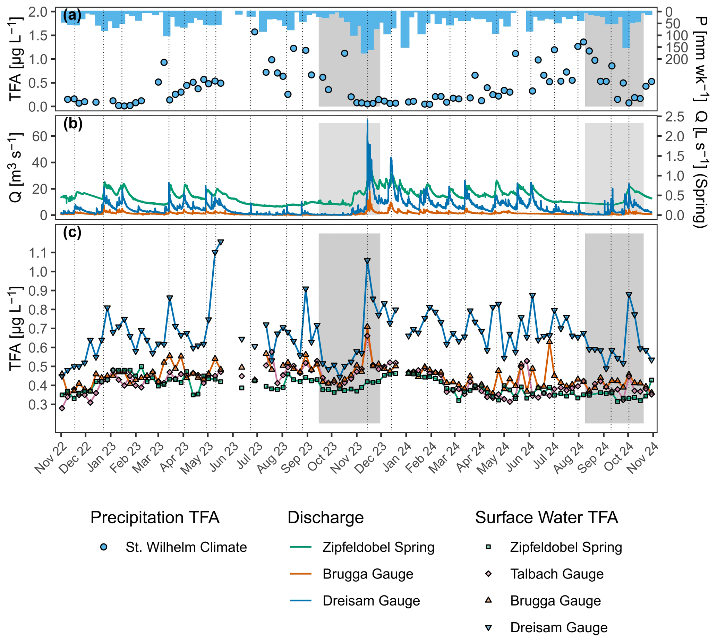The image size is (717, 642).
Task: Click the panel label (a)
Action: pos(72,16)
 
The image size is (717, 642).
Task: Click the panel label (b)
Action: pos(72,124)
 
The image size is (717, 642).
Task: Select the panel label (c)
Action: pos(72,233)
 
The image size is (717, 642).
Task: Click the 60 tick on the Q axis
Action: pos(40,136)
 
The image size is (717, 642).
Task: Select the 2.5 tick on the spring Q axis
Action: pos(674,117)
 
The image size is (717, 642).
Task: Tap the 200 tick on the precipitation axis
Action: pos(676,60)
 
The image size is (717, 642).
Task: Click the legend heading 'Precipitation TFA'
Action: pos(155,518)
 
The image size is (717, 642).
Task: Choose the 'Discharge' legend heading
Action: pos(325,518)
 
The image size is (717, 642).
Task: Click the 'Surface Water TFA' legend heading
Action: pos(546,518)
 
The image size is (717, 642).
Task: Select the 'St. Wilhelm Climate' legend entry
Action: pos(186,547)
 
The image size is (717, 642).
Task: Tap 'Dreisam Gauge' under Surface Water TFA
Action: pos(559,627)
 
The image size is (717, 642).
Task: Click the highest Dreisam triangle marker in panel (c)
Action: pos(221,242)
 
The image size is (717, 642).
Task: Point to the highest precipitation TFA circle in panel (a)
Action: pos(255,32)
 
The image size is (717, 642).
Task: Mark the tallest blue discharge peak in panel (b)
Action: pos(367,121)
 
